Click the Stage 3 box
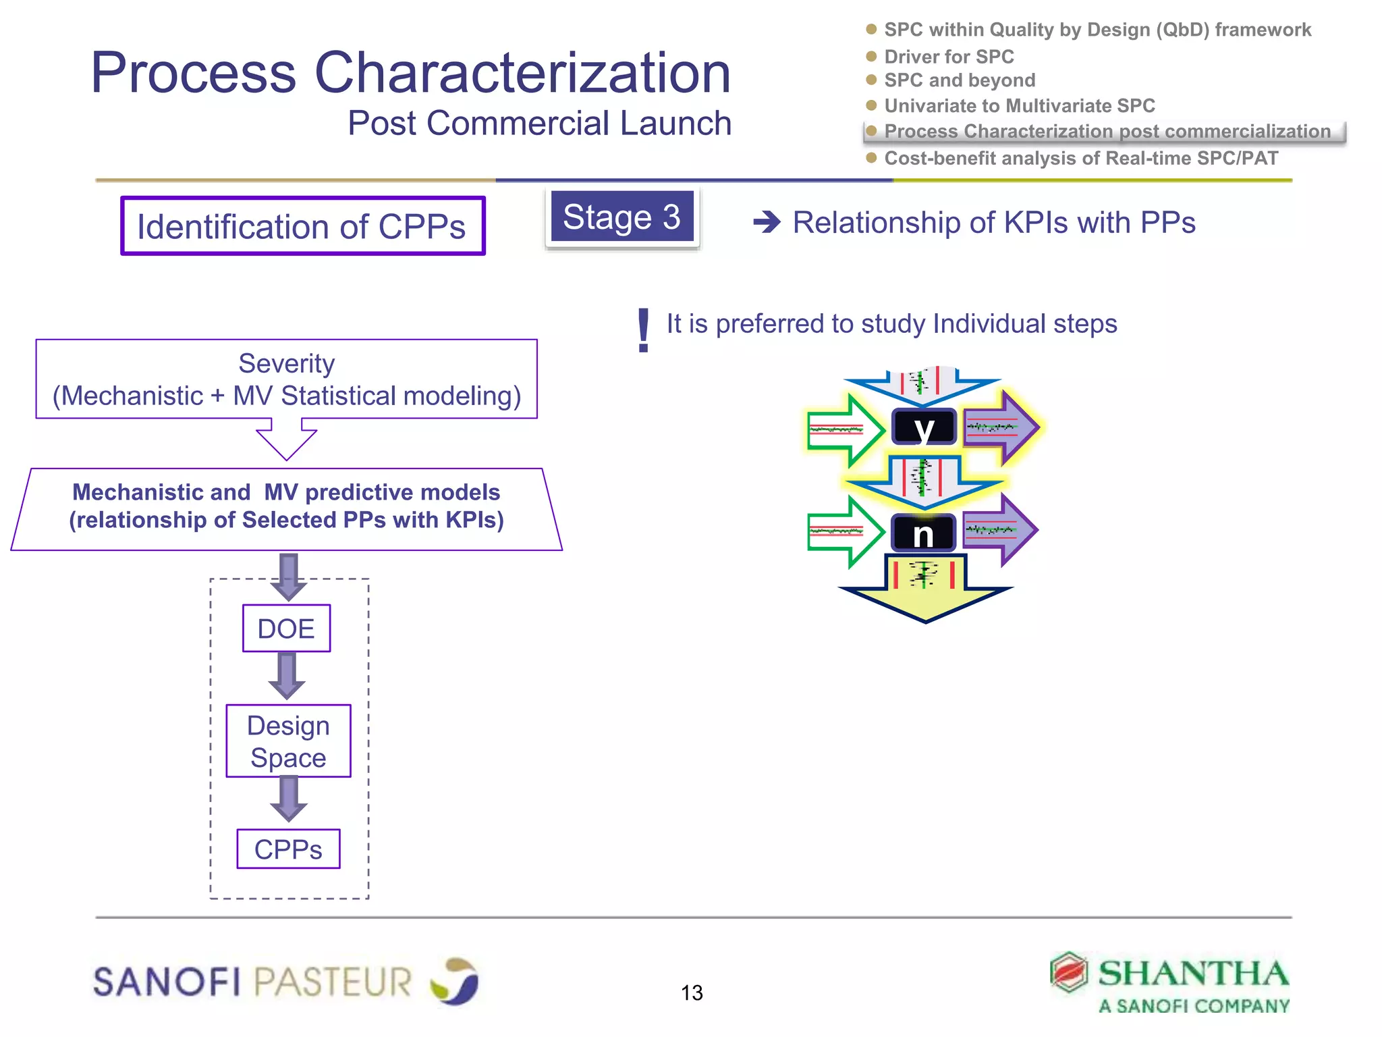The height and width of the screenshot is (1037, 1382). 621,217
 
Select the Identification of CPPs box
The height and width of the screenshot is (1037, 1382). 302,226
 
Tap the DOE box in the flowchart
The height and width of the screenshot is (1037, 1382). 286,629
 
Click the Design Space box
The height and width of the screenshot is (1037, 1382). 288,741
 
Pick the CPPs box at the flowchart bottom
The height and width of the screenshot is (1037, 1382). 288,849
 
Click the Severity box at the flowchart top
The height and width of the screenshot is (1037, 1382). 286,379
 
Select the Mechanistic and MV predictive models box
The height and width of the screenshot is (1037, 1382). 286,508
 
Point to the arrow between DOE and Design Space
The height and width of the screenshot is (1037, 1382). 287,676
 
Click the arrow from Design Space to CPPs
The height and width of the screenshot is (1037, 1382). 289,799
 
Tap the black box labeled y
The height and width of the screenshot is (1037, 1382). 924,427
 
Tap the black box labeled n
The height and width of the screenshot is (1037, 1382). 923,533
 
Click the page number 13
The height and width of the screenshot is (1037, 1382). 692,992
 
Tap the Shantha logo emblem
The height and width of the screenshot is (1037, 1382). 1068,973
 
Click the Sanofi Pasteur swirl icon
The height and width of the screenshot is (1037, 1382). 455,981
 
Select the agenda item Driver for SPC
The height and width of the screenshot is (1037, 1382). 949,57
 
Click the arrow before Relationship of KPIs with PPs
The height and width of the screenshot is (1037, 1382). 767,222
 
